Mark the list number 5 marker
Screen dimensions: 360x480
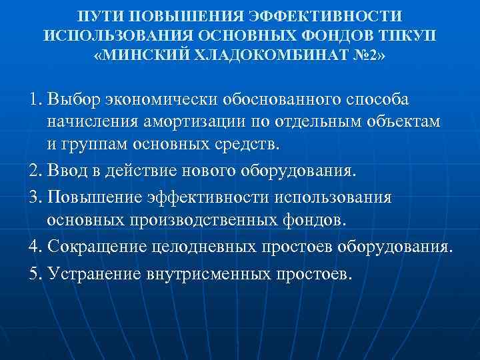[x=35, y=274]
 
